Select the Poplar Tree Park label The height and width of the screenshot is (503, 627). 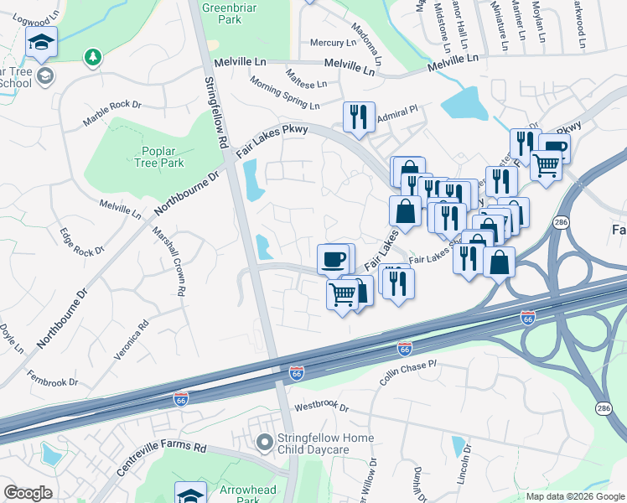coord(156,157)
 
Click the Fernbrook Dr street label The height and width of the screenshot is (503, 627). coord(52,377)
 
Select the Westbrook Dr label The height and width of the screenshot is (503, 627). coord(321,406)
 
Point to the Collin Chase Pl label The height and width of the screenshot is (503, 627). coord(408,373)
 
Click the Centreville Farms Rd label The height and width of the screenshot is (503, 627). coord(162,459)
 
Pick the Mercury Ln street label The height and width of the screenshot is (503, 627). coord(333,43)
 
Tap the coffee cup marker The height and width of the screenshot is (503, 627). coord(334,259)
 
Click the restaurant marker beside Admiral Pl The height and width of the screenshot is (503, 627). coord(359,117)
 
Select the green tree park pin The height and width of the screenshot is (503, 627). coord(93,57)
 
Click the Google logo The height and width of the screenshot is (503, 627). coord(28,493)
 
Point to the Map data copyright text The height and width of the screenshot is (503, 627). coord(574,496)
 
